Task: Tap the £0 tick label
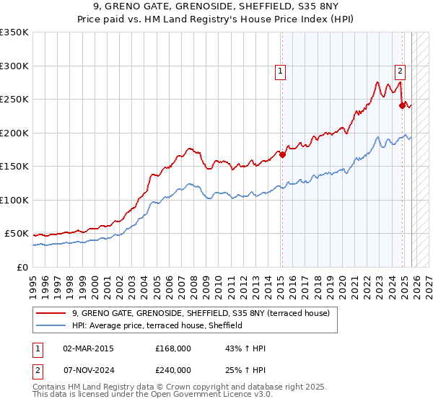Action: pyautogui.click(x=22, y=267)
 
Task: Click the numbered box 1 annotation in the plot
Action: pyautogui.click(x=279, y=71)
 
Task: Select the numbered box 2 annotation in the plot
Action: pyautogui.click(x=399, y=71)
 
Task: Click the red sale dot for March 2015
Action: pyautogui.click(x=282, y=154)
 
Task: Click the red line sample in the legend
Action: pyautogui.click(x=51, y=313)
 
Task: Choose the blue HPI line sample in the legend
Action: pyautogui.click(x=51, y=325)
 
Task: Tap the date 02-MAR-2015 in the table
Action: pyautogui.click(x=88, y=348)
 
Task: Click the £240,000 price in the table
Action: pyautogui.click(x=172, y=369)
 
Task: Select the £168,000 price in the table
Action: pyautogui.click(x=172, y=348)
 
